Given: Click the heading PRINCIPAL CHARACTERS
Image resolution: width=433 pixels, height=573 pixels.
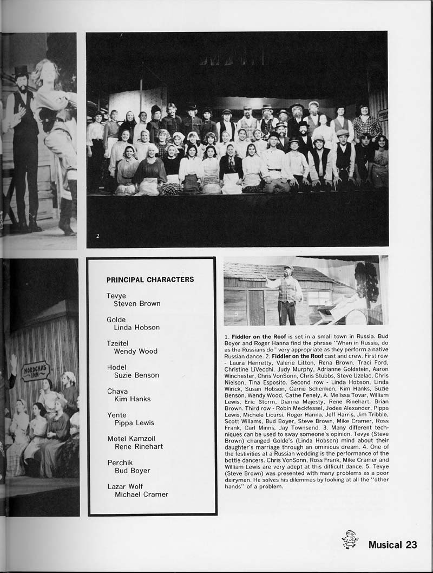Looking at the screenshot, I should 150,280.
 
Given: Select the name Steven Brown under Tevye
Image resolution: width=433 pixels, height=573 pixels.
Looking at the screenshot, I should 137,304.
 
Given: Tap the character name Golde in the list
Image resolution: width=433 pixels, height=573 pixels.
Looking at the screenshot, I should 116,320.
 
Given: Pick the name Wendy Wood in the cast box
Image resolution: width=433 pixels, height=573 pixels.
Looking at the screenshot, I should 135,351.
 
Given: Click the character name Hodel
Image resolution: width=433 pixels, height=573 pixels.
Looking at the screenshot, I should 116,367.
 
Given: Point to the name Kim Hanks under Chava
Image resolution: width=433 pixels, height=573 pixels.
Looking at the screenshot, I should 132,399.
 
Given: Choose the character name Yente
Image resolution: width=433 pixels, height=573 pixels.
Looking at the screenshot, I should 116,415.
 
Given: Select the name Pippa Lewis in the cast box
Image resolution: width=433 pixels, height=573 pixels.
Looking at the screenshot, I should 134,423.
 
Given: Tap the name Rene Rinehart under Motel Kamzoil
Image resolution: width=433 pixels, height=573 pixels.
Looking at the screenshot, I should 139,447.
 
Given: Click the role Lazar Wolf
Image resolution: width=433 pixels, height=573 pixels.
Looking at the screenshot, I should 125,486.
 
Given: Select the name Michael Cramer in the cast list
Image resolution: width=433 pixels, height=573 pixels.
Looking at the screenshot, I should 141,494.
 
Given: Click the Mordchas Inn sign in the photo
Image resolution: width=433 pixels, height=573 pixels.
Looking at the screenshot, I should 35,371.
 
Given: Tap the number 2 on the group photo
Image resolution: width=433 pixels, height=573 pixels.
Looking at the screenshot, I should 97,236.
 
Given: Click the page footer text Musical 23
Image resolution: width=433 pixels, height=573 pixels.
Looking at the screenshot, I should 392,545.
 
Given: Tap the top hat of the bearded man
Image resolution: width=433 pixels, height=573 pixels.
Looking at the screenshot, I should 21,71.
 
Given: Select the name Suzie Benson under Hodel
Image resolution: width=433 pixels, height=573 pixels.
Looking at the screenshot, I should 136,375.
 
